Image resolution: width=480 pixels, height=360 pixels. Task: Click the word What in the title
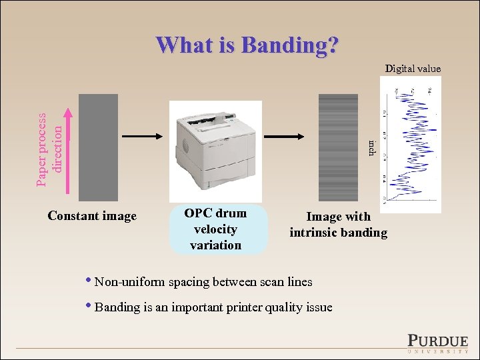tap(185, 45)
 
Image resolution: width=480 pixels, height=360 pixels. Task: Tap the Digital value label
tap(413, 68)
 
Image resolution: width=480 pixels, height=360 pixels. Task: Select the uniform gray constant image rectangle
tap(98, 147)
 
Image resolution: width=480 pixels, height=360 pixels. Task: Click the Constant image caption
tap(92, 216)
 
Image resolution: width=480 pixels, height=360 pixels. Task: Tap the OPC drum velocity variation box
tap(216, 229)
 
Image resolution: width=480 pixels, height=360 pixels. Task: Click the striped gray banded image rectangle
tap(338, 147)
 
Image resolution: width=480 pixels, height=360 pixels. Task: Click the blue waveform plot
tap(410, 143)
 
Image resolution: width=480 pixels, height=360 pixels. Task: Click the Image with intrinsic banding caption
tap(338, 225)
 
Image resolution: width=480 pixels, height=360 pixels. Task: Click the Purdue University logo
tap(437, 341)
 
